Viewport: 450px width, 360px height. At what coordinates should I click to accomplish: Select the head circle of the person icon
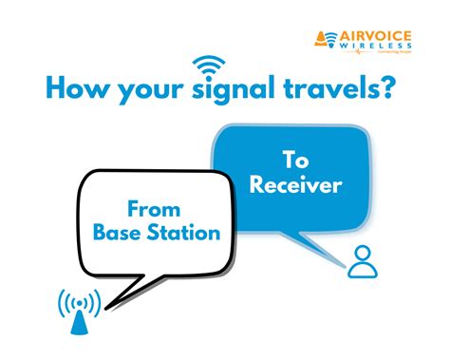point(361,253)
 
